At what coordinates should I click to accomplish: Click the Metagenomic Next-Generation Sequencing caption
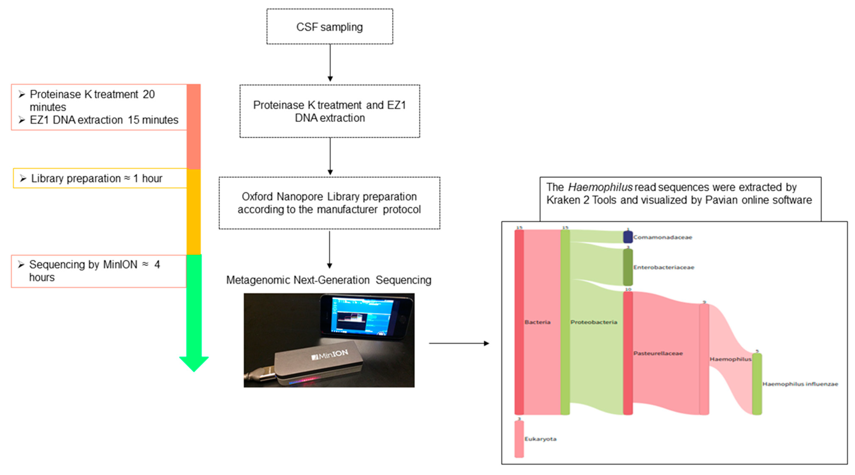[329, 280]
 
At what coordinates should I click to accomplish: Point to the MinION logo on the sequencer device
[330, 355]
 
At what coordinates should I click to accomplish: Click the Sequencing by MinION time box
[99, 271]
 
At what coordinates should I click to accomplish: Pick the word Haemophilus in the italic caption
[600, 187]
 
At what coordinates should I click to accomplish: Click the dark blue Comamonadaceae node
[628, 237]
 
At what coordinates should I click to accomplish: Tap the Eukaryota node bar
[519, 439]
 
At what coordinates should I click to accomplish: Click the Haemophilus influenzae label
[800, 384]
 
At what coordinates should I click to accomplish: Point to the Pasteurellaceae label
[658, 353]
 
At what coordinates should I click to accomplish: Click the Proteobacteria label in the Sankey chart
[594, 322]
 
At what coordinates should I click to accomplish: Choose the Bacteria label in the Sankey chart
[537, 322]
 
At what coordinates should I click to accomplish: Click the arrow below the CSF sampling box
[330, 62]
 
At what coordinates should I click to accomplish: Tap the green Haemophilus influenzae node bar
[757, 384]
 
